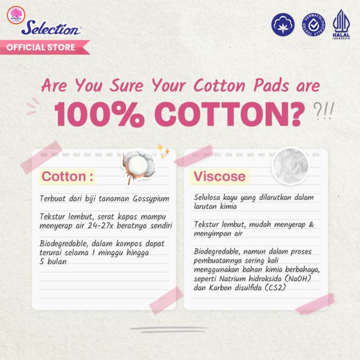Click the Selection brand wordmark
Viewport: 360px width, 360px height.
(x=51, y=28)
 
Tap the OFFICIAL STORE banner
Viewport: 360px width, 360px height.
(x=41, y=47)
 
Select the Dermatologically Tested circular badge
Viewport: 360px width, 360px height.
(x=313, y=24)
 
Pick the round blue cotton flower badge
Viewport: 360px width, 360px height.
(x=283, y=24)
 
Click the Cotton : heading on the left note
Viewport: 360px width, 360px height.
(x=67, y=176)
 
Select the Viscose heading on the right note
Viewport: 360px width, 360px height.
(x=220, y=176)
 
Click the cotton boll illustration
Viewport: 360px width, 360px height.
(x=138, y=165)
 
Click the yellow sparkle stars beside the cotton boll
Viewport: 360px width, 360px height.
(x=163, y=150)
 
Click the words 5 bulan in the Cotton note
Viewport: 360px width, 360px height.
(x=54, y=262)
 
